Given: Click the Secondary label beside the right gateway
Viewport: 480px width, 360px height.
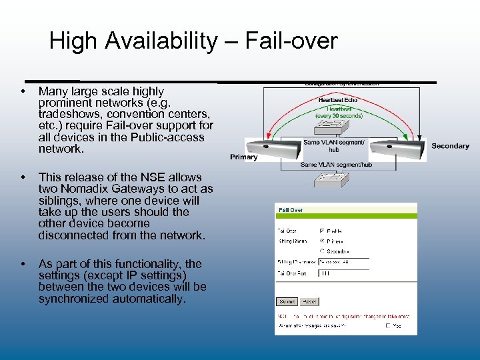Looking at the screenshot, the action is coord(450,146).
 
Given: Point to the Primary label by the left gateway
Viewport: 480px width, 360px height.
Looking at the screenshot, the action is coord(243,157).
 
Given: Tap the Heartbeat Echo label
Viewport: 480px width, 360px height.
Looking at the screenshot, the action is coord(338,100).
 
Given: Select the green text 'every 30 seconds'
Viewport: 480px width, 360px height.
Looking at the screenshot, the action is coord(339,115).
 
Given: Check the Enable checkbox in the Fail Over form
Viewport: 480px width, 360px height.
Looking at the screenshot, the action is coord(321,230).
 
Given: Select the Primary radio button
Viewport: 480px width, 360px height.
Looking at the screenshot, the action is coord(321,241).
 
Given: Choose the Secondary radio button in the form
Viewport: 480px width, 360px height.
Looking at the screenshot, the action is coord(321,251).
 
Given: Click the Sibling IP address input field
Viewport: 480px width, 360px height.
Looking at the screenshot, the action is coord(343,263).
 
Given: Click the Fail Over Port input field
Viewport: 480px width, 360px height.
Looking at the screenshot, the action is coord(343,273).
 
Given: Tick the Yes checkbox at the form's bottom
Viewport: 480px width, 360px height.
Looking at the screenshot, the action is coord(388,326).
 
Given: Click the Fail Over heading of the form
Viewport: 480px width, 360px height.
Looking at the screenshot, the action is coord(291,210).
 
